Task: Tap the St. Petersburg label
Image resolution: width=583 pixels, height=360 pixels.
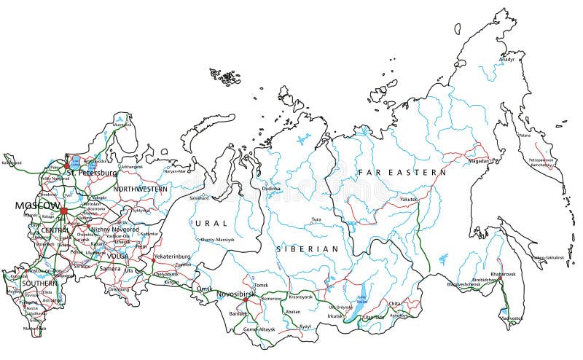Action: tap(92, 173)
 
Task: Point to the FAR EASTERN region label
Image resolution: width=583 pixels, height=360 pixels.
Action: tap(402, 173)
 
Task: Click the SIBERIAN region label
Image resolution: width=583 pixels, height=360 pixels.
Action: tap(307, 249)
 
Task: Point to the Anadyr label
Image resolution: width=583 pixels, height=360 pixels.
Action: tap(507, 60)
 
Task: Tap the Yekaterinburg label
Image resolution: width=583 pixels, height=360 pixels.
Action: tap(172, 257)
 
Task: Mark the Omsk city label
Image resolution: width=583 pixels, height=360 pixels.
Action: tap(205, 289)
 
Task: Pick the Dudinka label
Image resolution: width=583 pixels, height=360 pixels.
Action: tap(271, 188)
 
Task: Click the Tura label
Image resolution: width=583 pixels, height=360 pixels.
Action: tap(316, 219)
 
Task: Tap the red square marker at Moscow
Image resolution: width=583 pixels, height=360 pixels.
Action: tap(63, 211)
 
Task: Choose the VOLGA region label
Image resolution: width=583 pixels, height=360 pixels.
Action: tap(117, 256)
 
